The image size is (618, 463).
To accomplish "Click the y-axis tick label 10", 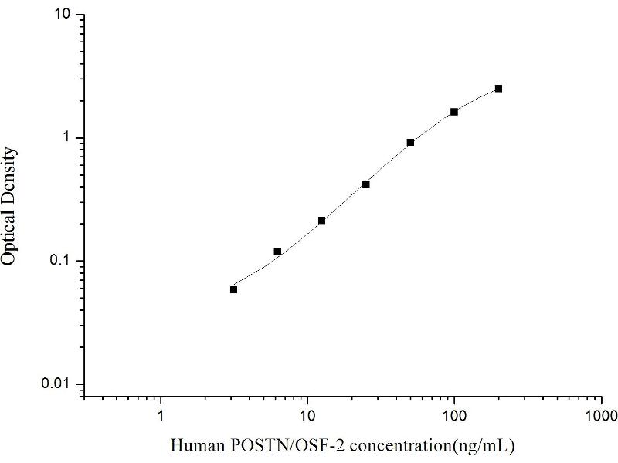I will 63,15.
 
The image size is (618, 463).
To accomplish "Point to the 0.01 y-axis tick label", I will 59,384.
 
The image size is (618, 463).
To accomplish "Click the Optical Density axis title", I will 10,207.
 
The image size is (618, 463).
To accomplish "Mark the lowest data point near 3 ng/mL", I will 233,289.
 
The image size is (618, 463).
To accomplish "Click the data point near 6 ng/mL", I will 277,252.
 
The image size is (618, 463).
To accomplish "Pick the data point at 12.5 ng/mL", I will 321,221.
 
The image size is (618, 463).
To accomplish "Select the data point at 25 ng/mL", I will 366,184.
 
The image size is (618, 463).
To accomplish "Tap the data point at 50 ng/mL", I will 410,143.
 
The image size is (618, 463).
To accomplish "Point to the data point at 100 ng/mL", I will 454,112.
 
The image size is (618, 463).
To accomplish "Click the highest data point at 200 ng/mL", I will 498,89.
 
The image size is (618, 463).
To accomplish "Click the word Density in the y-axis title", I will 10,176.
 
